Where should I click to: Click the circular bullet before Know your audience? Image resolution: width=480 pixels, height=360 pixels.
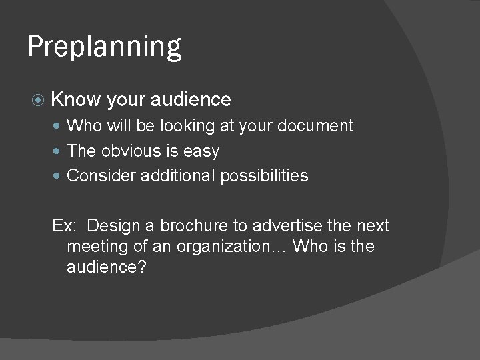[x=38, y=100]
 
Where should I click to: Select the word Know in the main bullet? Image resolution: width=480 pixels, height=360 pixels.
[x=75, y=100]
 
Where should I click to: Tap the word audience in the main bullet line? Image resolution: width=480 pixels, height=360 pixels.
[x=191, y=100]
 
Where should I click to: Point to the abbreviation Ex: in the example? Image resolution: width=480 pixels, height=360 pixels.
[x=64, y=226]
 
